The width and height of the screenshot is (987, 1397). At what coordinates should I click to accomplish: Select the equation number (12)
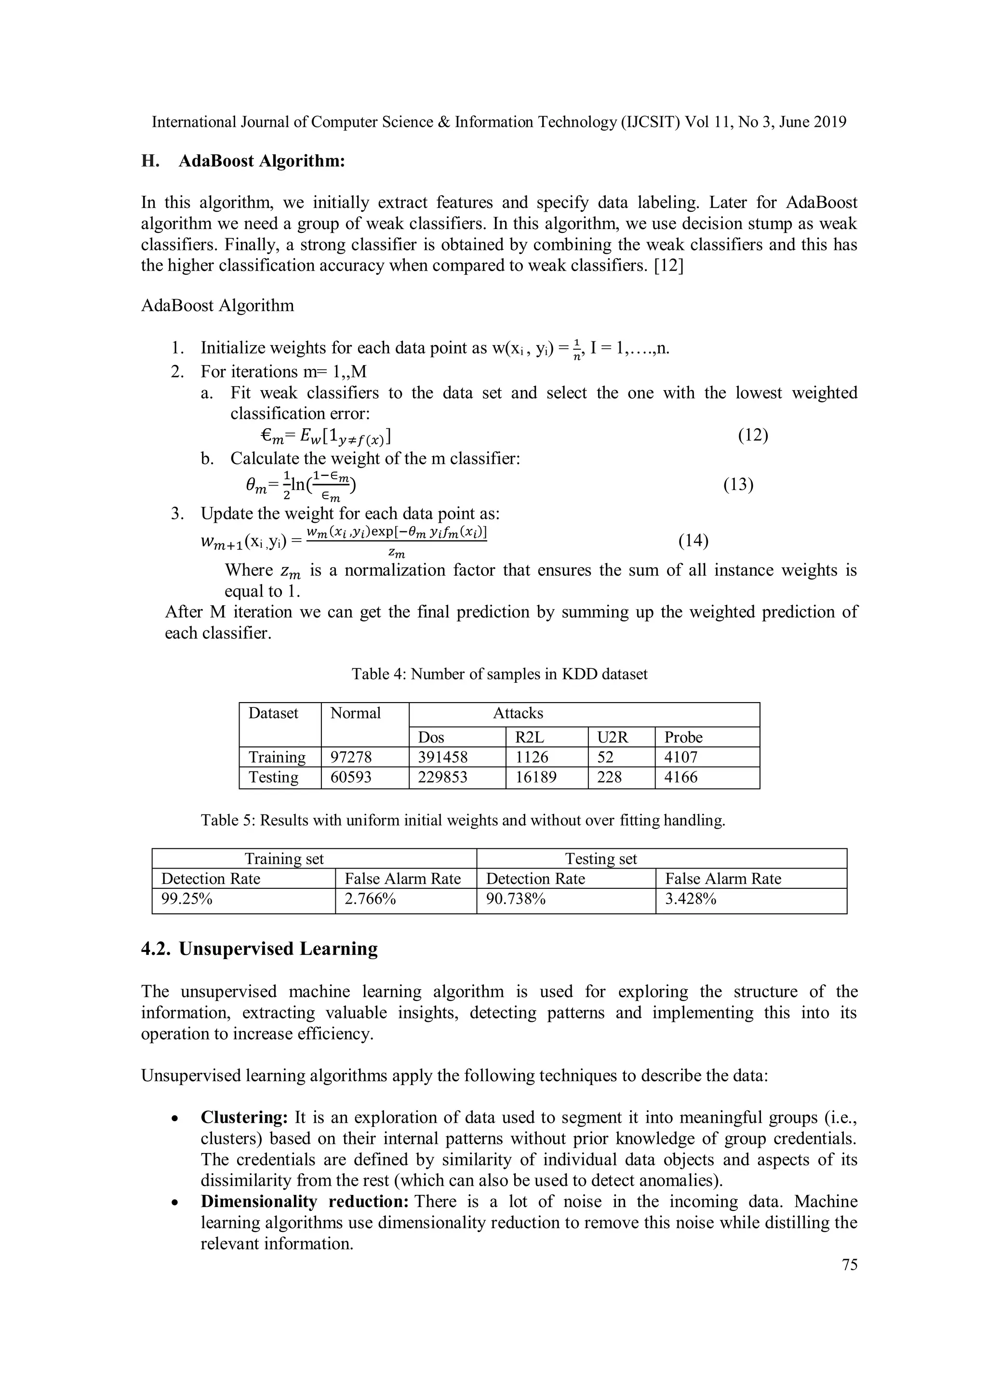point(753,435)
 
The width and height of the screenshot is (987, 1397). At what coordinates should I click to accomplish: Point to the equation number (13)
point(738,485)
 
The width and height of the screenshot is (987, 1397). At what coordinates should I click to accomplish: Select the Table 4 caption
point(499,674)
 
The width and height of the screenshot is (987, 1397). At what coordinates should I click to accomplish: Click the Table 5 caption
point(463,820)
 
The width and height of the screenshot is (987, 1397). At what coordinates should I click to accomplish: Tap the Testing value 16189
point(536,777)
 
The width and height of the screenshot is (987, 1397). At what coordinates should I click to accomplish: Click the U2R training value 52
point(605,757)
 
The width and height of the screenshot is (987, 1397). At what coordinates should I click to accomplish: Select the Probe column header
point(683,737)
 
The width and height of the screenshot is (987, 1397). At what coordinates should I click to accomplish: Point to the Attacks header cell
point(518,713)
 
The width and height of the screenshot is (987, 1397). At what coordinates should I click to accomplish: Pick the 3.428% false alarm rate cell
point(690,899)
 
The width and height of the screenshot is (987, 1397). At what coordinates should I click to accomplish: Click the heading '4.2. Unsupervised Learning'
point(259,949)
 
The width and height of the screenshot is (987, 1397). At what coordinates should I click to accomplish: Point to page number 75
point(850,1265)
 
